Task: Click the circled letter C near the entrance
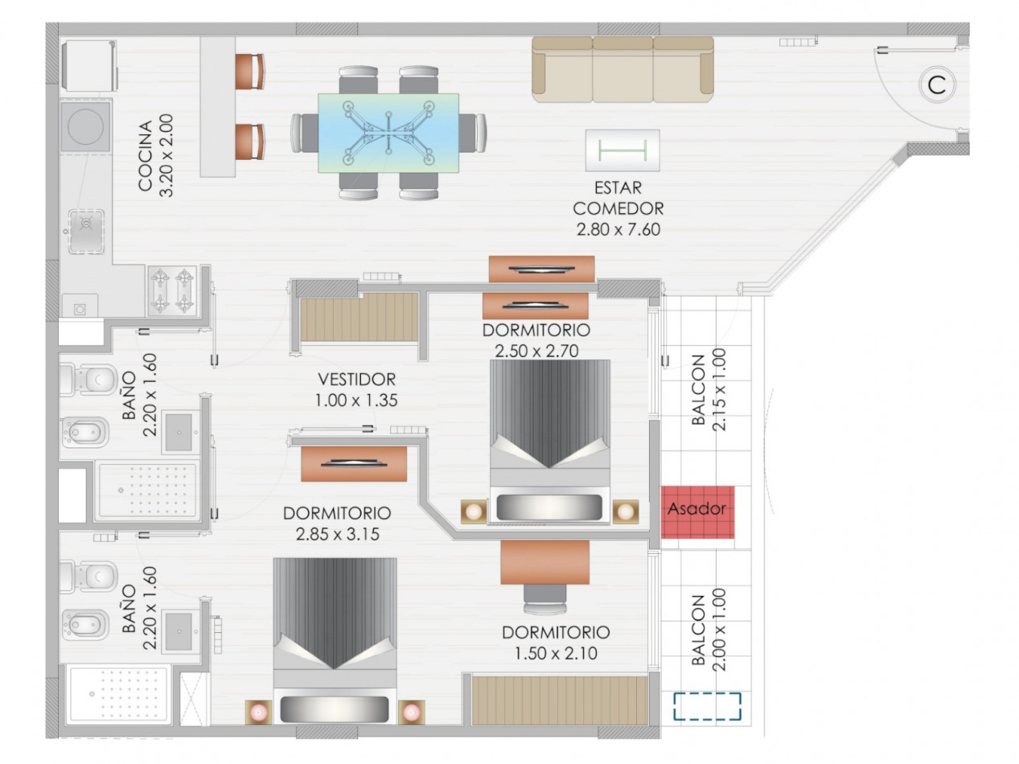point(937,85)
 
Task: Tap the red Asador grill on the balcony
point(698,512)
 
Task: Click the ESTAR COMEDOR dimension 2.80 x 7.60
point(618,230)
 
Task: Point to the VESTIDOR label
point(356,380)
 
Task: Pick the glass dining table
point(388,133)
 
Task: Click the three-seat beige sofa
point(622,70)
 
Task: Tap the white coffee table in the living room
point(622,150)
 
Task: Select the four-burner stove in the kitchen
point(173,290)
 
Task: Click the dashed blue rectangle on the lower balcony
point(707,706)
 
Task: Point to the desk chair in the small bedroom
point(545,599)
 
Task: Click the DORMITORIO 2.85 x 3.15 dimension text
point(338,534)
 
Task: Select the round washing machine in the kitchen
point(85,125)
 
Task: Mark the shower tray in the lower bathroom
point(118,695)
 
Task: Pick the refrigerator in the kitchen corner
point(88,65)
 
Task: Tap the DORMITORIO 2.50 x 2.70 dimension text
point(536,351)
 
